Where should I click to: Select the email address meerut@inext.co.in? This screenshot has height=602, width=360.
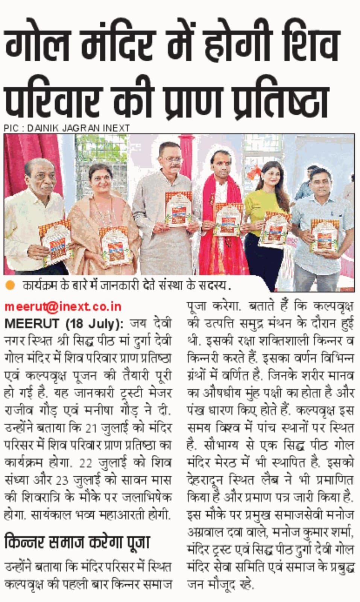(63, 307)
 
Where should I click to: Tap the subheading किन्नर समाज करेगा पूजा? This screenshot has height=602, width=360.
(77, 542)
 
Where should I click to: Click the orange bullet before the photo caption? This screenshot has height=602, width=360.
(11, 285)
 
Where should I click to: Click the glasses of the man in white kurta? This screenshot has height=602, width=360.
(173, 160)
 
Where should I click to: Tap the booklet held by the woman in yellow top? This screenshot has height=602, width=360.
(273, 229)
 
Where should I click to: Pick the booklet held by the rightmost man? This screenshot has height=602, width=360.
(324, 236)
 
